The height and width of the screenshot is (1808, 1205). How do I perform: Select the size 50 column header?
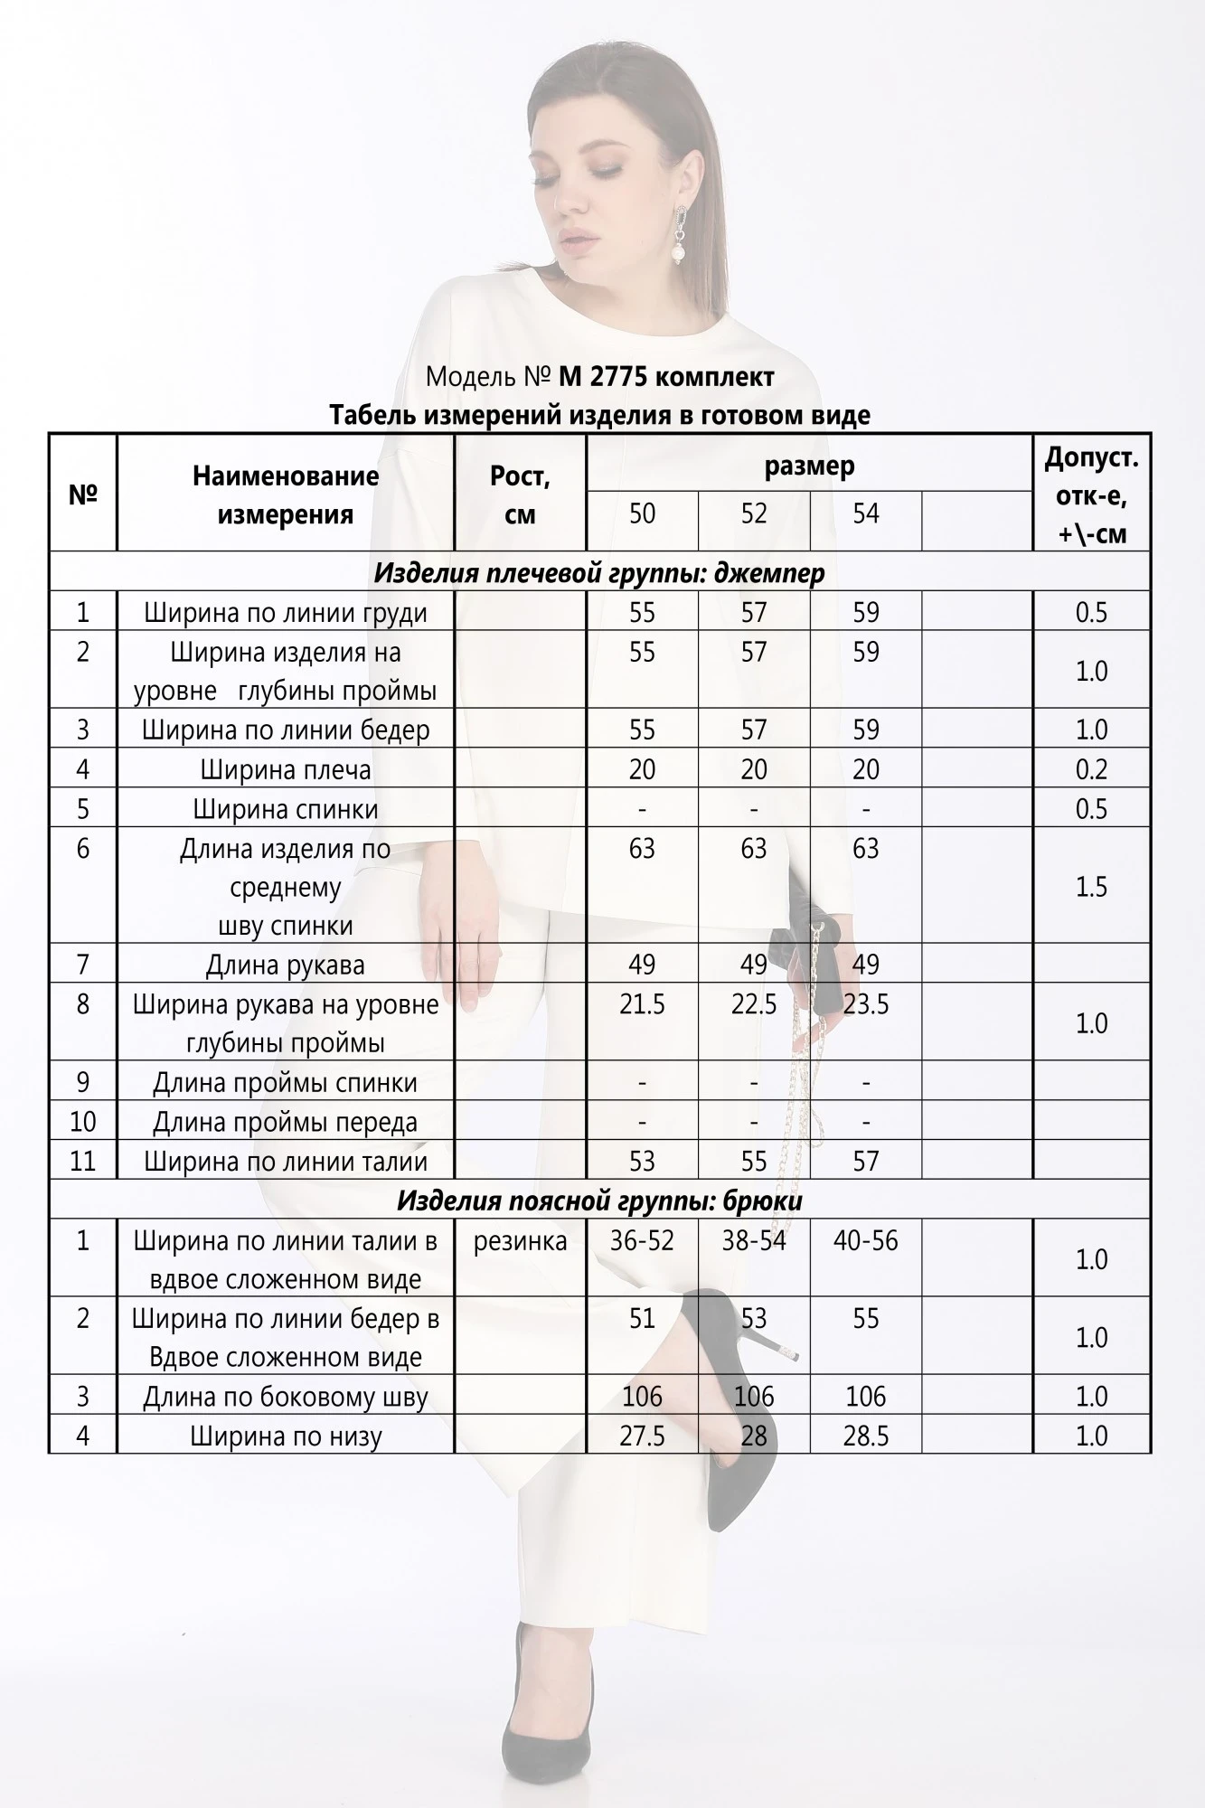click(x=642, y=513)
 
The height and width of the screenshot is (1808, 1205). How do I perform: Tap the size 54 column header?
click(x=865, y=513)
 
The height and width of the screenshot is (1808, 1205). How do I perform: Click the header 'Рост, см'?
click(x=520, y=494)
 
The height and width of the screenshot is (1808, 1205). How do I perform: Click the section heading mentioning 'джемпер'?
click(x=598, y=572)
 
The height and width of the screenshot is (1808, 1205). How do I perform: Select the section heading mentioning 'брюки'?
click(x=598, y=1200)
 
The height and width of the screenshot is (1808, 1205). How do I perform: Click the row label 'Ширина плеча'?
click(x=286, y=769)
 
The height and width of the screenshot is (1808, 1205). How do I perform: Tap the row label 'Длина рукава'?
click(x=286, y=965)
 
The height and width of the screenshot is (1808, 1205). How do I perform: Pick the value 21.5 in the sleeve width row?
click(x=642, y=1004)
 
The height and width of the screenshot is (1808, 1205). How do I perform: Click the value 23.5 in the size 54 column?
click(x=865, y=1004)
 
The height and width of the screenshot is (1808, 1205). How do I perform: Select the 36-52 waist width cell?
click(x=642, y=1240)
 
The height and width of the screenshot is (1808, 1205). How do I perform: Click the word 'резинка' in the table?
click(x=520, y=1241)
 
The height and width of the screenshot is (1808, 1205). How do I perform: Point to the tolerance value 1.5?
click(x=1091, y=886)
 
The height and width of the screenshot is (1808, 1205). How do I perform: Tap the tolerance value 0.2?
click(x=1091, y=769)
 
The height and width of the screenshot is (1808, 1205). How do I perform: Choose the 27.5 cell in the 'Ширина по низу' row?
click(x=642, y=1436)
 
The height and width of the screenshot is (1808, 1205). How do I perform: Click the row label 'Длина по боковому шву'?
click(x=286, y=1397)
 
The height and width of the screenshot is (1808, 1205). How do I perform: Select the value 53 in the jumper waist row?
click(x=642, y=1161)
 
